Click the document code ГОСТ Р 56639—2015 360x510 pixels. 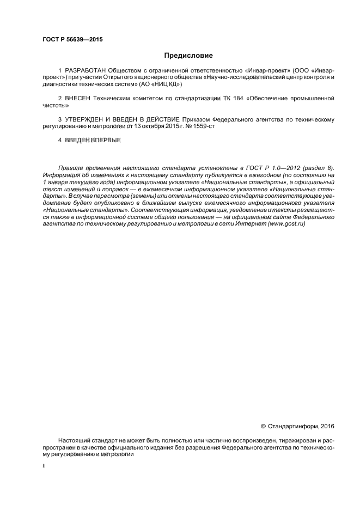tap(72, 40)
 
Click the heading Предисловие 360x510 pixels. tap(188, 55)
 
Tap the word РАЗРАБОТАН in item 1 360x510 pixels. tap(86, 71)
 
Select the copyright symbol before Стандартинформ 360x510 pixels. tap(263, 426)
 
